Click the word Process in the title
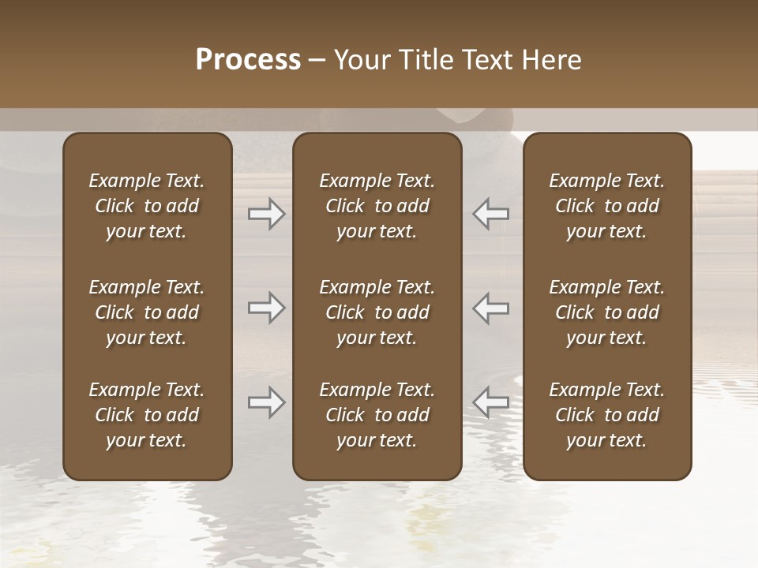click(248, 60)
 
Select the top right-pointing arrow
click(267, 214)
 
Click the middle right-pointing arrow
click(267, 308)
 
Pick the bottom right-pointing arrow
click(267, 402)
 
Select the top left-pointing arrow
click(491, 214)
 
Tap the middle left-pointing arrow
click(491, 308)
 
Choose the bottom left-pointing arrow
click(491, 402)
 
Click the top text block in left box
click(147, 206)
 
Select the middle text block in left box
click(147, 312)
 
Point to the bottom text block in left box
click(147, 415)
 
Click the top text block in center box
click(377, 206)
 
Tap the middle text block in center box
click(377, 312)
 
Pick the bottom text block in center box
click(377, 415)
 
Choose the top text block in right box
click(607, 206)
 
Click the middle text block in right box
click(607, 312)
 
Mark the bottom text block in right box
click(607, 415)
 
